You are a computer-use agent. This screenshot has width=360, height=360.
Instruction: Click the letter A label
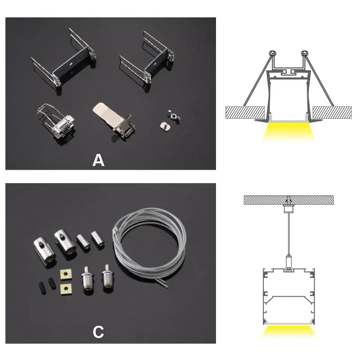pos(98,160)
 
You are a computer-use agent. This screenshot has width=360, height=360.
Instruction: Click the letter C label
pos(98,332)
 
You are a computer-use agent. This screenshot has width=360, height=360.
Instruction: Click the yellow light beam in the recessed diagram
pos(288,132)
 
